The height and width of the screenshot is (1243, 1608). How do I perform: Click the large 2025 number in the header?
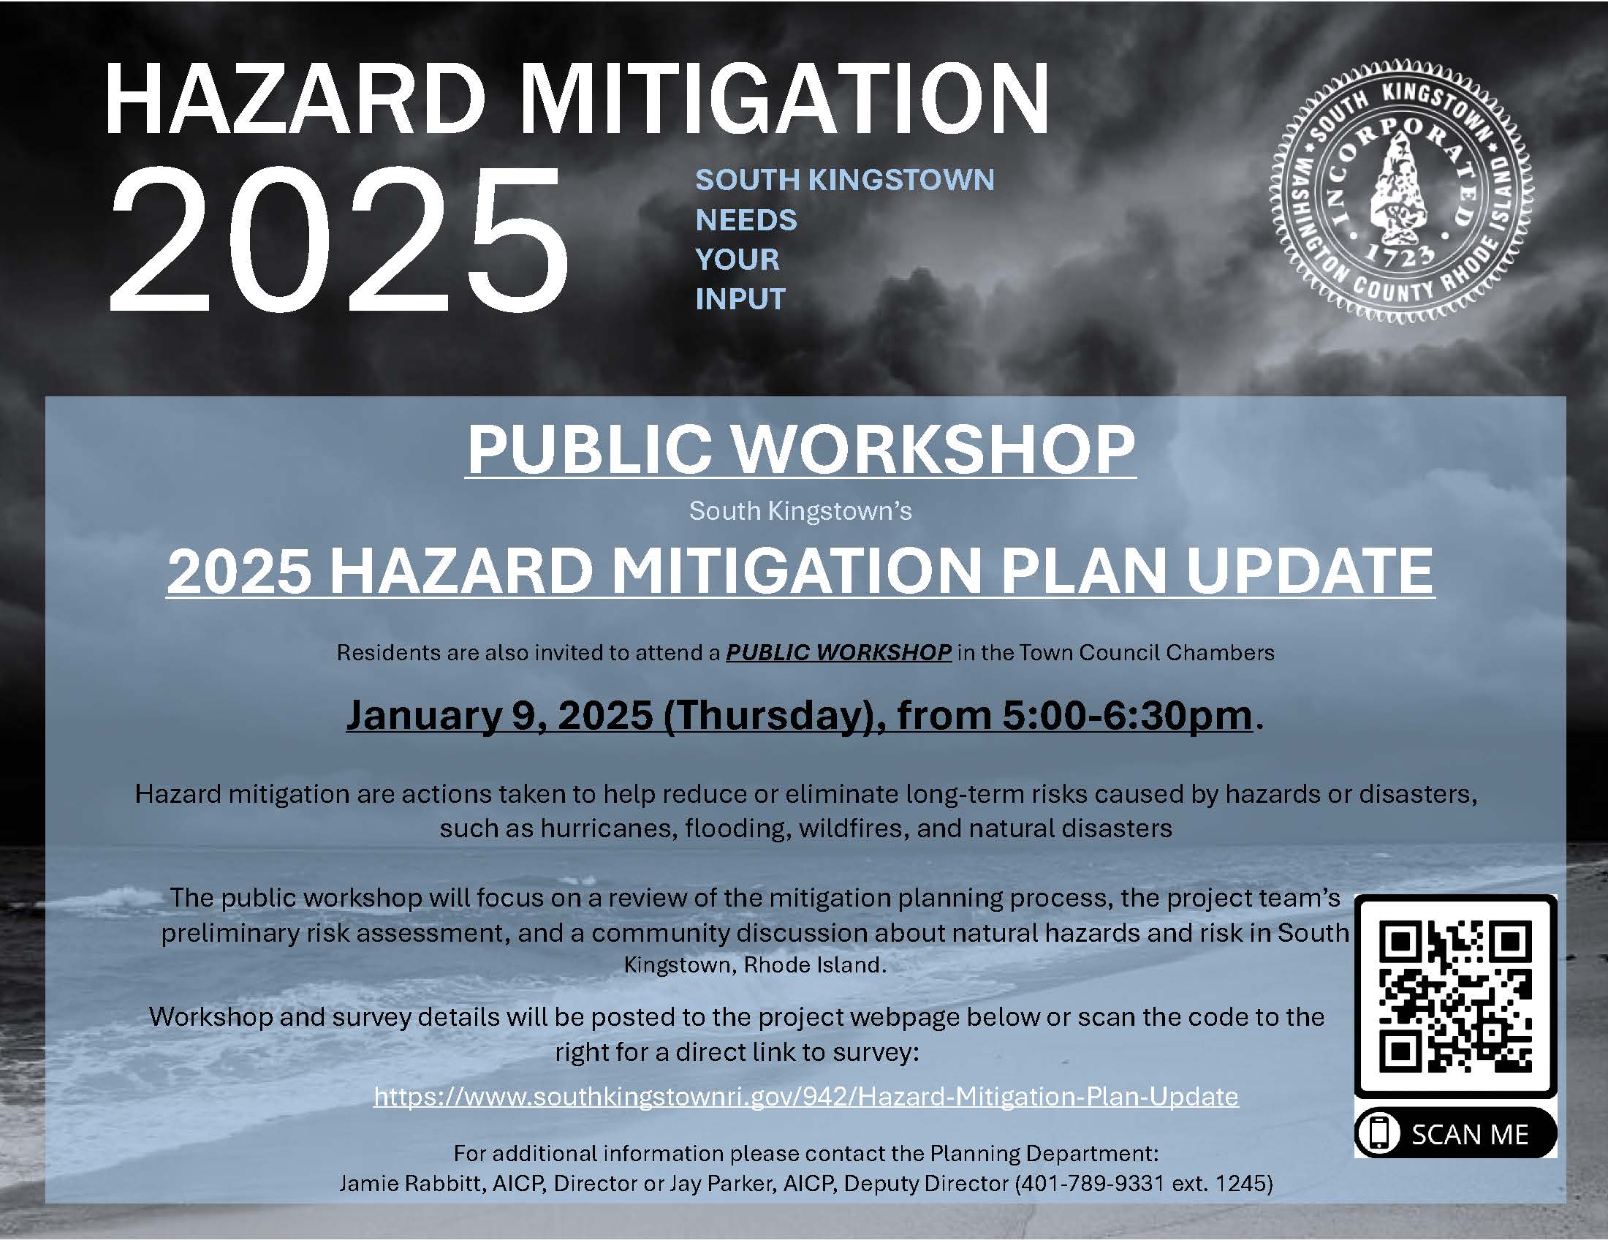coord(338,239)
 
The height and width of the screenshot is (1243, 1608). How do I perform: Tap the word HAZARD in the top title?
coord(295,99)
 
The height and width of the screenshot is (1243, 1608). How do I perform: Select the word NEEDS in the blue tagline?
coord(746,219)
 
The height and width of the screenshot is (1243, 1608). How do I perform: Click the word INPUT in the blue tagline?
coord(740,299)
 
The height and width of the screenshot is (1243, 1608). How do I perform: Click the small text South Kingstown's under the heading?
coord(800,511)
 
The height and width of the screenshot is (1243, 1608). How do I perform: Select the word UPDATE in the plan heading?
coord(1310,571)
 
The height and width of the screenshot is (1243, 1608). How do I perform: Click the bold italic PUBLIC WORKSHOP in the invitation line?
coord(838,652)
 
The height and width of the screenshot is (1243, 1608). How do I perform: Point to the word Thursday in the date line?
coord(768,715)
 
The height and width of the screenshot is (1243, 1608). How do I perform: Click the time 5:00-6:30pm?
coord(1126,715)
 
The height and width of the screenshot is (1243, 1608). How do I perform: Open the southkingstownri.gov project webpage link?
coord(805,1096)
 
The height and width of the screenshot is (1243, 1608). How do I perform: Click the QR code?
coord(1455,998)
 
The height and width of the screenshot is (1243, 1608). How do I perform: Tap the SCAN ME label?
coord(1470,1134)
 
